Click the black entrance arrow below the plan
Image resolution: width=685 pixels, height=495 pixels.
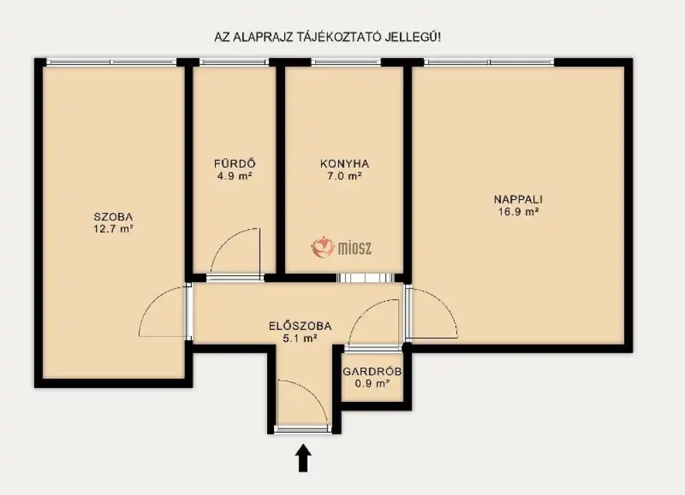303,458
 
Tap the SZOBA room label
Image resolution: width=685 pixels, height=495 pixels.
113,216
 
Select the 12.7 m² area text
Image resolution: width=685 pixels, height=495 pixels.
113,229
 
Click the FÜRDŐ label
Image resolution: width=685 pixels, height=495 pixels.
235,164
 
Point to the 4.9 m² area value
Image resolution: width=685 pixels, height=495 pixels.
235,176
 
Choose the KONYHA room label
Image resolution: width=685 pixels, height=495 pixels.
345,164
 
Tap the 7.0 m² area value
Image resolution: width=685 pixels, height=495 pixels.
345,176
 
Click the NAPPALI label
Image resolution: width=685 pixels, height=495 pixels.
518,199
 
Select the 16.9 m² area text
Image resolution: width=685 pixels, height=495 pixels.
518,212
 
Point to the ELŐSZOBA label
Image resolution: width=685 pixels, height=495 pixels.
300,326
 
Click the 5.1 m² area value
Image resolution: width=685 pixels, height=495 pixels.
300,338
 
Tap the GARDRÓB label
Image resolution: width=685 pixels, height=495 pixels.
372,372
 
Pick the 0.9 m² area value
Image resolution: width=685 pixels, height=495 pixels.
372,383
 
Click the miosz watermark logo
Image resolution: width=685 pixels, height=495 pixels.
341,248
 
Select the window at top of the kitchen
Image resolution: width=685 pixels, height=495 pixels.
347,62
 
